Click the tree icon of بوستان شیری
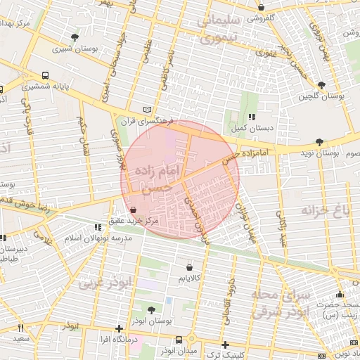coord(75,37)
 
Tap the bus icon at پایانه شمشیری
coord(46,75)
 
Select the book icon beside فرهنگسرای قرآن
coord(146,110)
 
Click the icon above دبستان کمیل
coord(251,117)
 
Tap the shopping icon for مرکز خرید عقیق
coord(134,210)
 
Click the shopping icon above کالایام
coord(190,267)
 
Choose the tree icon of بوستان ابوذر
coord(152,309)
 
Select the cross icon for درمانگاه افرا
coord(119,328)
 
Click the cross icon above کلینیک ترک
coord(225,345)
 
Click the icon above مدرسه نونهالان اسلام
coord(96,227)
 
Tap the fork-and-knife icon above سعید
coord(20,328)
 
